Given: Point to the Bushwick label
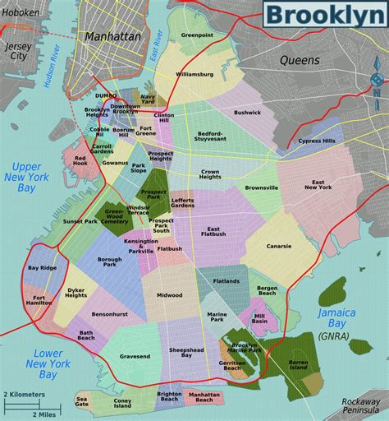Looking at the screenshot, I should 246,112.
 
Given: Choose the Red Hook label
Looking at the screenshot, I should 80,161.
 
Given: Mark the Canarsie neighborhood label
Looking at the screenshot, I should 278,245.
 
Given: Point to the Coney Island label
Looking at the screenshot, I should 122,402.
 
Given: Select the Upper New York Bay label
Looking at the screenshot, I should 25,177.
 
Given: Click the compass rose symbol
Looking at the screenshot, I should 376,79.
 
